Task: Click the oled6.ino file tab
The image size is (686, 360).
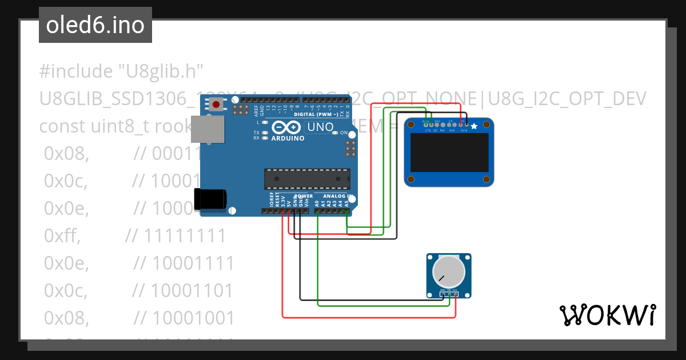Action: [x=95, y=26]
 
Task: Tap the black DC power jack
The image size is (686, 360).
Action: [x=210, y=199]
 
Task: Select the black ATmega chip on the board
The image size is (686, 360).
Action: [x=306, y=179]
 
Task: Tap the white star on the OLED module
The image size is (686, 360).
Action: [x=474, y=126]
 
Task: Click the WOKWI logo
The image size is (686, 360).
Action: [x=607, y=315]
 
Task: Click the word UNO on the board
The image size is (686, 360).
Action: [x=320, y=127]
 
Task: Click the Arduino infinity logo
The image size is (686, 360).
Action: [x=286, y=127]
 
